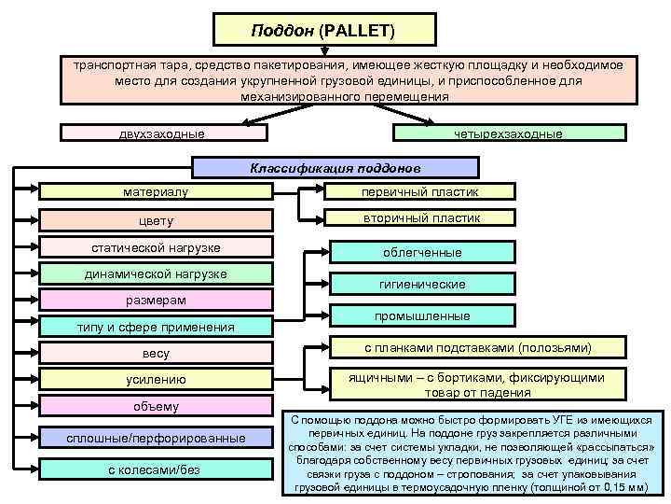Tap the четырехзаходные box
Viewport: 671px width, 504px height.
point(507,133)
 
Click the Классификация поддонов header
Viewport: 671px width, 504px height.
point(335,169)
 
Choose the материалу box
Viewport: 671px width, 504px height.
point(156,192)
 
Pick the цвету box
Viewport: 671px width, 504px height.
point(156,221)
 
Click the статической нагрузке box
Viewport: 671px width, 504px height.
point(156,247)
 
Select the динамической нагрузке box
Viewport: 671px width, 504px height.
point(156,273)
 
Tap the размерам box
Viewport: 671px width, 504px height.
point(156,300)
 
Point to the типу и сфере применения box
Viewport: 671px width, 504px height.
point(156,327)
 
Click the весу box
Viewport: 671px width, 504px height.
point(156,354)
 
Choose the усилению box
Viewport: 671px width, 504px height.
point(156,380)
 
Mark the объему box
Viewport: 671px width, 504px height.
point(156,406)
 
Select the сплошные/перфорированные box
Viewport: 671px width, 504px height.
point(156,438)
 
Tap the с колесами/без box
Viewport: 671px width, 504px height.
point(156,469)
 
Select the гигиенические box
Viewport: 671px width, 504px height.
point(422,284)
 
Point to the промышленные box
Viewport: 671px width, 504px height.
point(422,316)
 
